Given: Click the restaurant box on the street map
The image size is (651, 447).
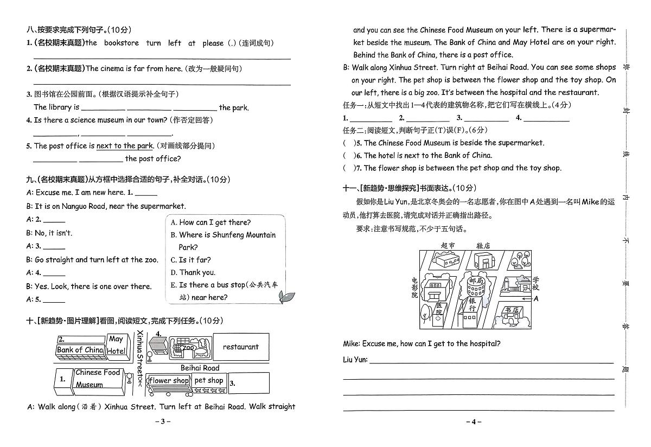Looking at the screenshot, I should click(240, 347).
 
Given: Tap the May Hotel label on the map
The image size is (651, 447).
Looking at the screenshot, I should click(116, 345).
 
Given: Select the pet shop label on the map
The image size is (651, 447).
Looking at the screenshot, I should click(209, 380).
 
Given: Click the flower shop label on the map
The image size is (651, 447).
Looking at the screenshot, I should click(169, 381).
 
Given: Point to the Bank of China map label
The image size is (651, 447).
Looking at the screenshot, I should click(80, 350).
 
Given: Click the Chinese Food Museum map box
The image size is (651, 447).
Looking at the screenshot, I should click(98, 379).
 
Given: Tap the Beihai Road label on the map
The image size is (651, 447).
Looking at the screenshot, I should click(200, 368).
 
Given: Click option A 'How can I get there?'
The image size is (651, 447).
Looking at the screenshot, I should click(210, 222).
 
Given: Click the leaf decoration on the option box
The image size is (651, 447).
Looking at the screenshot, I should click(286, 296).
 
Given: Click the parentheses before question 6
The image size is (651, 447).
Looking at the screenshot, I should click(349, 156).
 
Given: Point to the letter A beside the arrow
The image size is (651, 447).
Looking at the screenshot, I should click(536, 298).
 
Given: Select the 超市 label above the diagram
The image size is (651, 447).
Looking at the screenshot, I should click(448, 246).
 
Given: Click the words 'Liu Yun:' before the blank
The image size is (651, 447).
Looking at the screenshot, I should click(355, 360).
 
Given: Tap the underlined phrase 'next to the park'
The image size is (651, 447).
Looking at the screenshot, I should click(125, 146).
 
